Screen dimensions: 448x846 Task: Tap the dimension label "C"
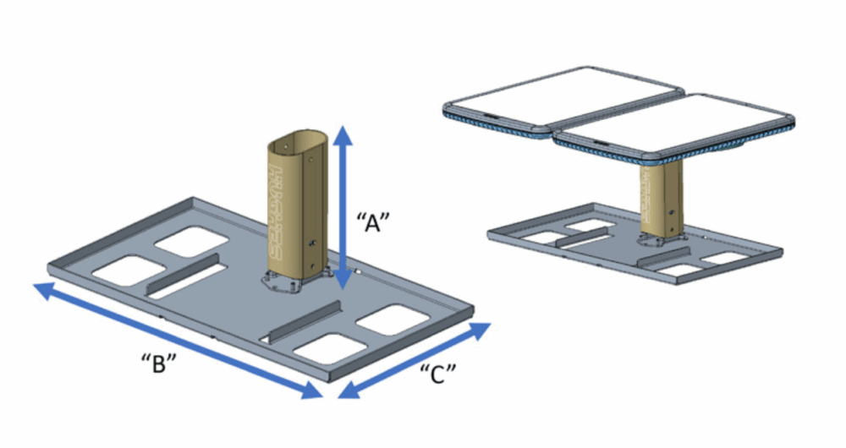point(438,373)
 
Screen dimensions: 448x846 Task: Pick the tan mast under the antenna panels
point(659,199)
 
